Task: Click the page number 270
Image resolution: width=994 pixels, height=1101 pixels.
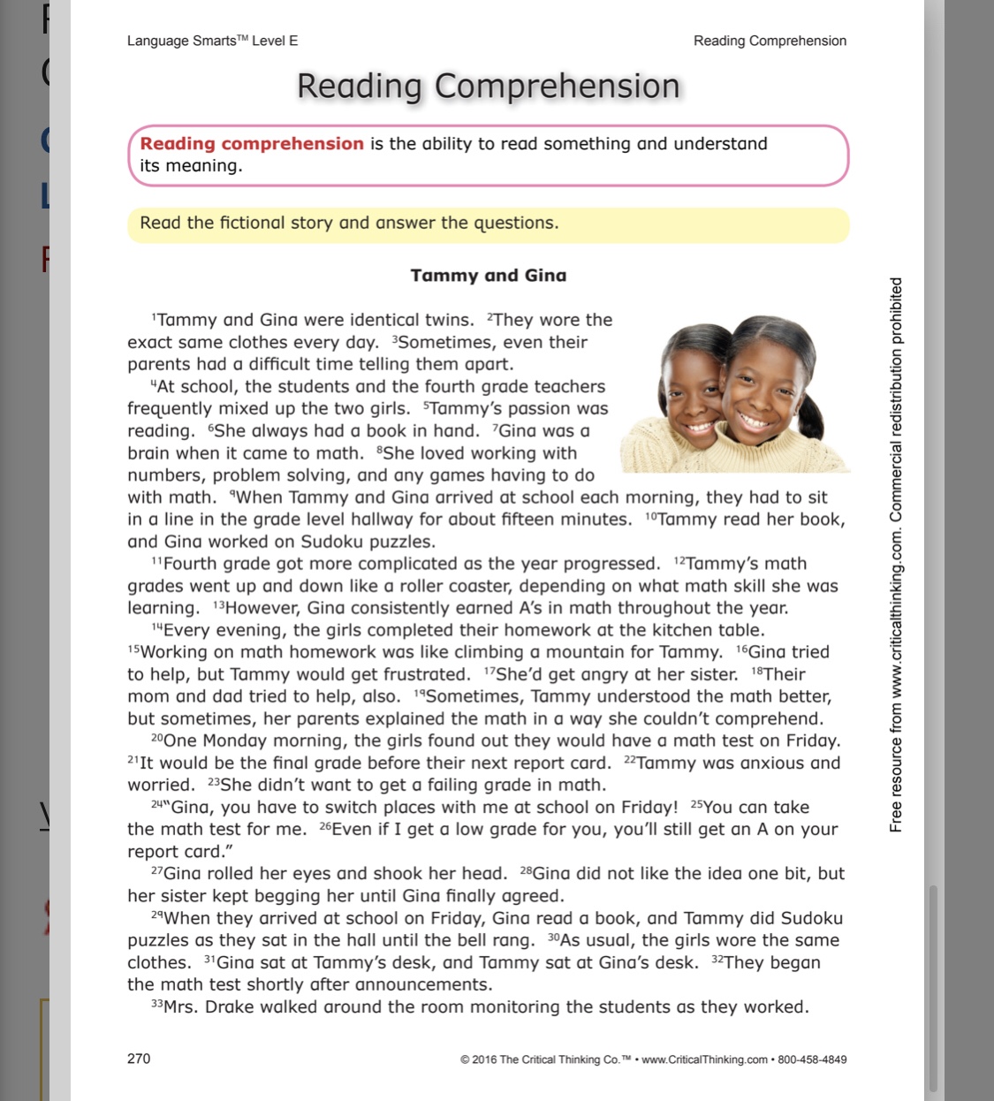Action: pos(139,1059)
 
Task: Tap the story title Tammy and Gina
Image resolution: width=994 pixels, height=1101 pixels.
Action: pos(489,276)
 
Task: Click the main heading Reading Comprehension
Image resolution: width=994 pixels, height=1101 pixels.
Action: pos(489,87)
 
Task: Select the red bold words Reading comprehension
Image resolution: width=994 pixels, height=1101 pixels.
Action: pos(252,144)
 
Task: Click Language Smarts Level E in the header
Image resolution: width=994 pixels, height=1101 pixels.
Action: pos(212,41)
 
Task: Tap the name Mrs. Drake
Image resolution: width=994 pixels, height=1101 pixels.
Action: pos(206,1007)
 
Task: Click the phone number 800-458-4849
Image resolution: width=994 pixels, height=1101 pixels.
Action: pos(812,1059)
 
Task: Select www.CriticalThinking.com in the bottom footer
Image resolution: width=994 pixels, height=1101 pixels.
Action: pos(704,1059)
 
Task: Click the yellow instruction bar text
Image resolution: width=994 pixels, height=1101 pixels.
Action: pos(349,224)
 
